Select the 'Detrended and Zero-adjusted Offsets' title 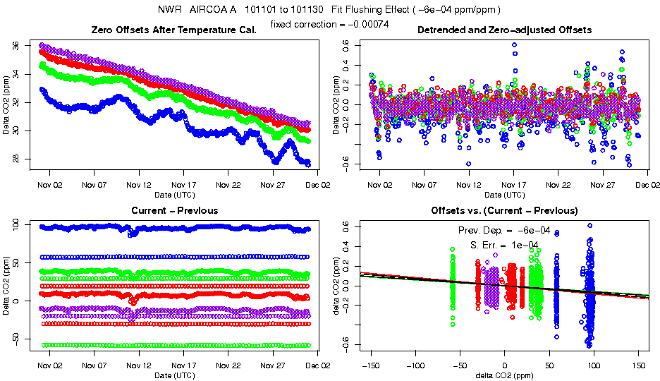504,30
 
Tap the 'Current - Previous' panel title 175,210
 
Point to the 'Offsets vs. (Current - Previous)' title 504,210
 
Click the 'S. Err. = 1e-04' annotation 504,245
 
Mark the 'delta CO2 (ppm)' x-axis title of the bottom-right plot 504,375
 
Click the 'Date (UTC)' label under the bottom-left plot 175,375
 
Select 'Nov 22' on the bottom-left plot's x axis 228,365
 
